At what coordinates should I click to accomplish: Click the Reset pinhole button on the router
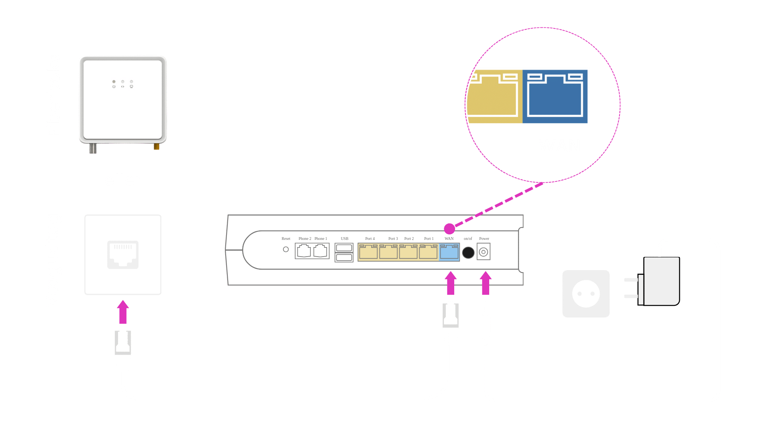286,249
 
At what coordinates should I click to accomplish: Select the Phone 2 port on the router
304,251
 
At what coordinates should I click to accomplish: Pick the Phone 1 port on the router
320,251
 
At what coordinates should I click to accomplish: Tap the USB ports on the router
344,253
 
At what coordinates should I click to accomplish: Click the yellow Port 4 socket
368,252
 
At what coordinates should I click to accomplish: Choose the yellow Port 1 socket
428,252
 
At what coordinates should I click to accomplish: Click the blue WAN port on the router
449,252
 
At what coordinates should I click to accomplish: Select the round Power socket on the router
484,252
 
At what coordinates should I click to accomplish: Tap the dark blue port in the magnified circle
555,96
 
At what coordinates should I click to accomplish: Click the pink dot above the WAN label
449,229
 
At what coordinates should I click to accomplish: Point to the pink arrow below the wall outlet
123,312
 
